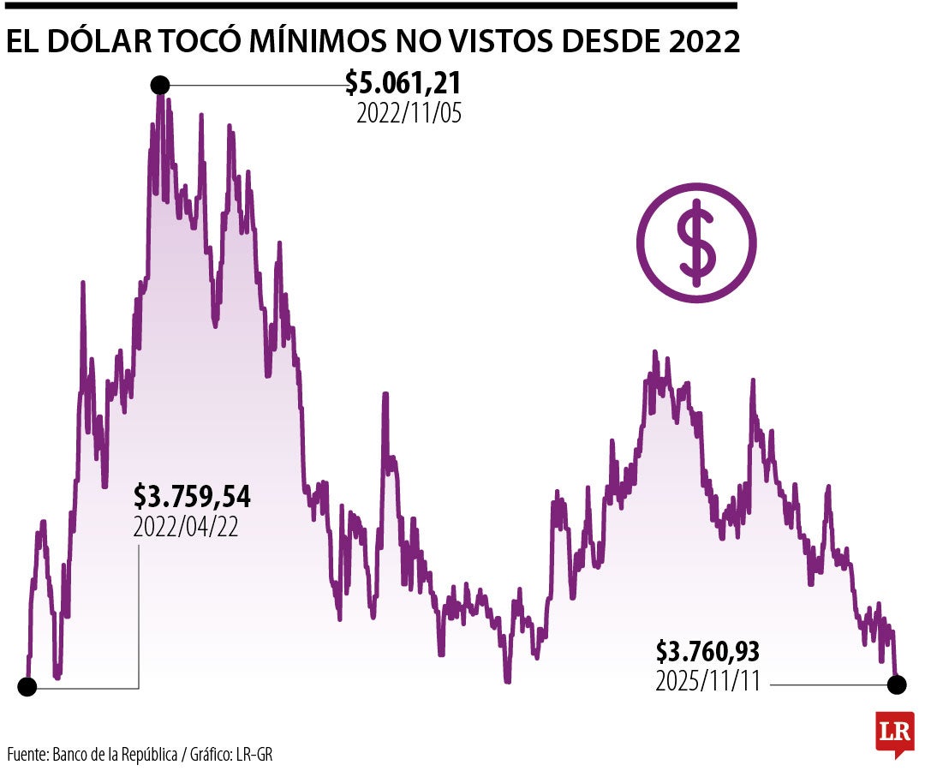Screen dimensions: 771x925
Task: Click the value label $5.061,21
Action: (403, 83)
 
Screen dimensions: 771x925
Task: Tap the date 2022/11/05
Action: (409, 114)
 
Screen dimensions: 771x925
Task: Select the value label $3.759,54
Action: (192, 496)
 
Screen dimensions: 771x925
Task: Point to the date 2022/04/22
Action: (186, 527)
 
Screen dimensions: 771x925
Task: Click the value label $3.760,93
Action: (708, 652)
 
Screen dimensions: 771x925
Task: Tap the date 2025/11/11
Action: (708, 682)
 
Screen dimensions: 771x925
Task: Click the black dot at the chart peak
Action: (159, 85)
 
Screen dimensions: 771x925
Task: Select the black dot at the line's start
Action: (27, 686)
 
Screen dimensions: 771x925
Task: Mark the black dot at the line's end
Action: (897, 684)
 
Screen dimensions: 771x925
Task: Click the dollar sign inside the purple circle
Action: (696, 242)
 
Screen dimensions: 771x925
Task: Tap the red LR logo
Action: (894, 732)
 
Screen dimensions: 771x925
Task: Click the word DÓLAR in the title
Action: (102, 41)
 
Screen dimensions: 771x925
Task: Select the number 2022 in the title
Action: (699, 41)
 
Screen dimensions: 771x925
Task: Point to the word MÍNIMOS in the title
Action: (336, 41)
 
